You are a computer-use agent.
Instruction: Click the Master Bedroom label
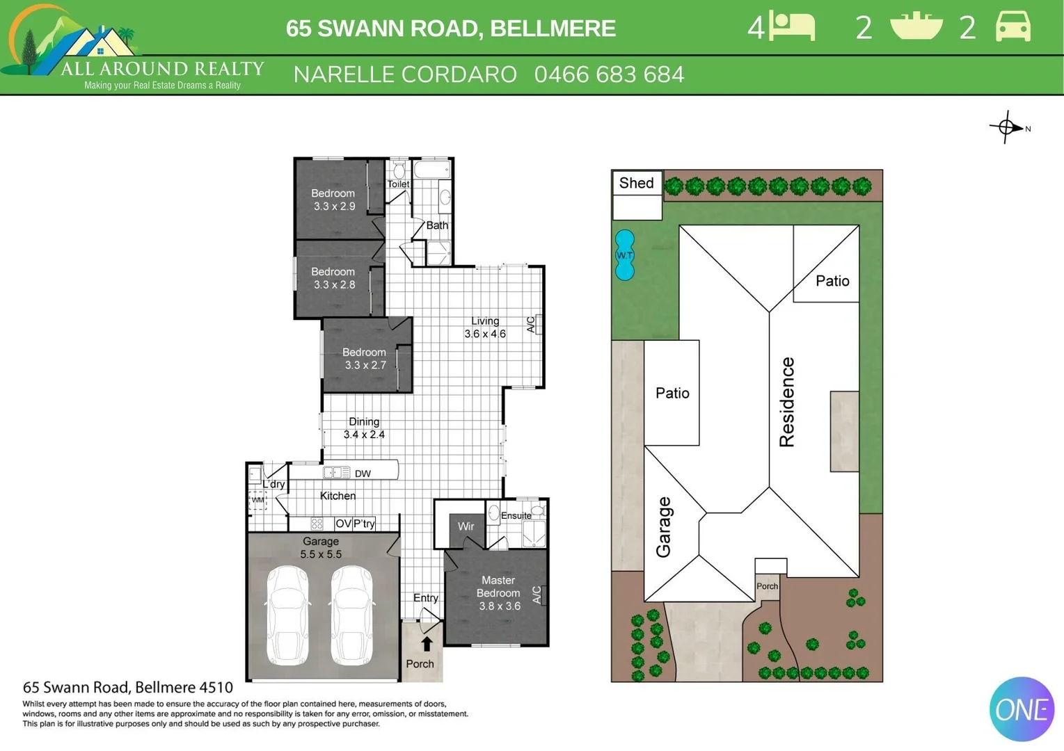pos(498,592)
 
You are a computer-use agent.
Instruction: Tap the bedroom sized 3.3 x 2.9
pos(333,200)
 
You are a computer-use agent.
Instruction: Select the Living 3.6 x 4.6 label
pos(485,328)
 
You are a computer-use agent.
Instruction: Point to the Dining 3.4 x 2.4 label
pos(364,428)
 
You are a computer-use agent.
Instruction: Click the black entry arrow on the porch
pos(427,644)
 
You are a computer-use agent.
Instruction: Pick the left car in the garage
pos(287,615)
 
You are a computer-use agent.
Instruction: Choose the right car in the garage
pos(351,615)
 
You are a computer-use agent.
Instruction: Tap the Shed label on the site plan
pos(636,183)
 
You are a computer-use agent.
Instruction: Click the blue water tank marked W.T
pos(625,255)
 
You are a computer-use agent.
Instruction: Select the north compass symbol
pos(1007,127)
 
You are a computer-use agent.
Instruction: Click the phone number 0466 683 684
pos(609,74)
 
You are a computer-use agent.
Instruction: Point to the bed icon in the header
pos(792,27)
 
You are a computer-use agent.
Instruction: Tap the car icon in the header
pos(1013,27)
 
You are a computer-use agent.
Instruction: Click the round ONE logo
pos(1022,709)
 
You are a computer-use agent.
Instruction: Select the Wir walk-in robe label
pos(466,526)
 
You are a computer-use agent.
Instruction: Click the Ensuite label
pos(516,515)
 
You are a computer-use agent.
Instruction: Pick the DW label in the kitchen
pos(363,474)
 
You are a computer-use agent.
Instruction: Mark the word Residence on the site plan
pos(786,402)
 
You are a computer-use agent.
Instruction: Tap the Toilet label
pos(398,184)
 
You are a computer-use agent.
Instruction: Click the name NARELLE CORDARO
pos(405,74)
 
